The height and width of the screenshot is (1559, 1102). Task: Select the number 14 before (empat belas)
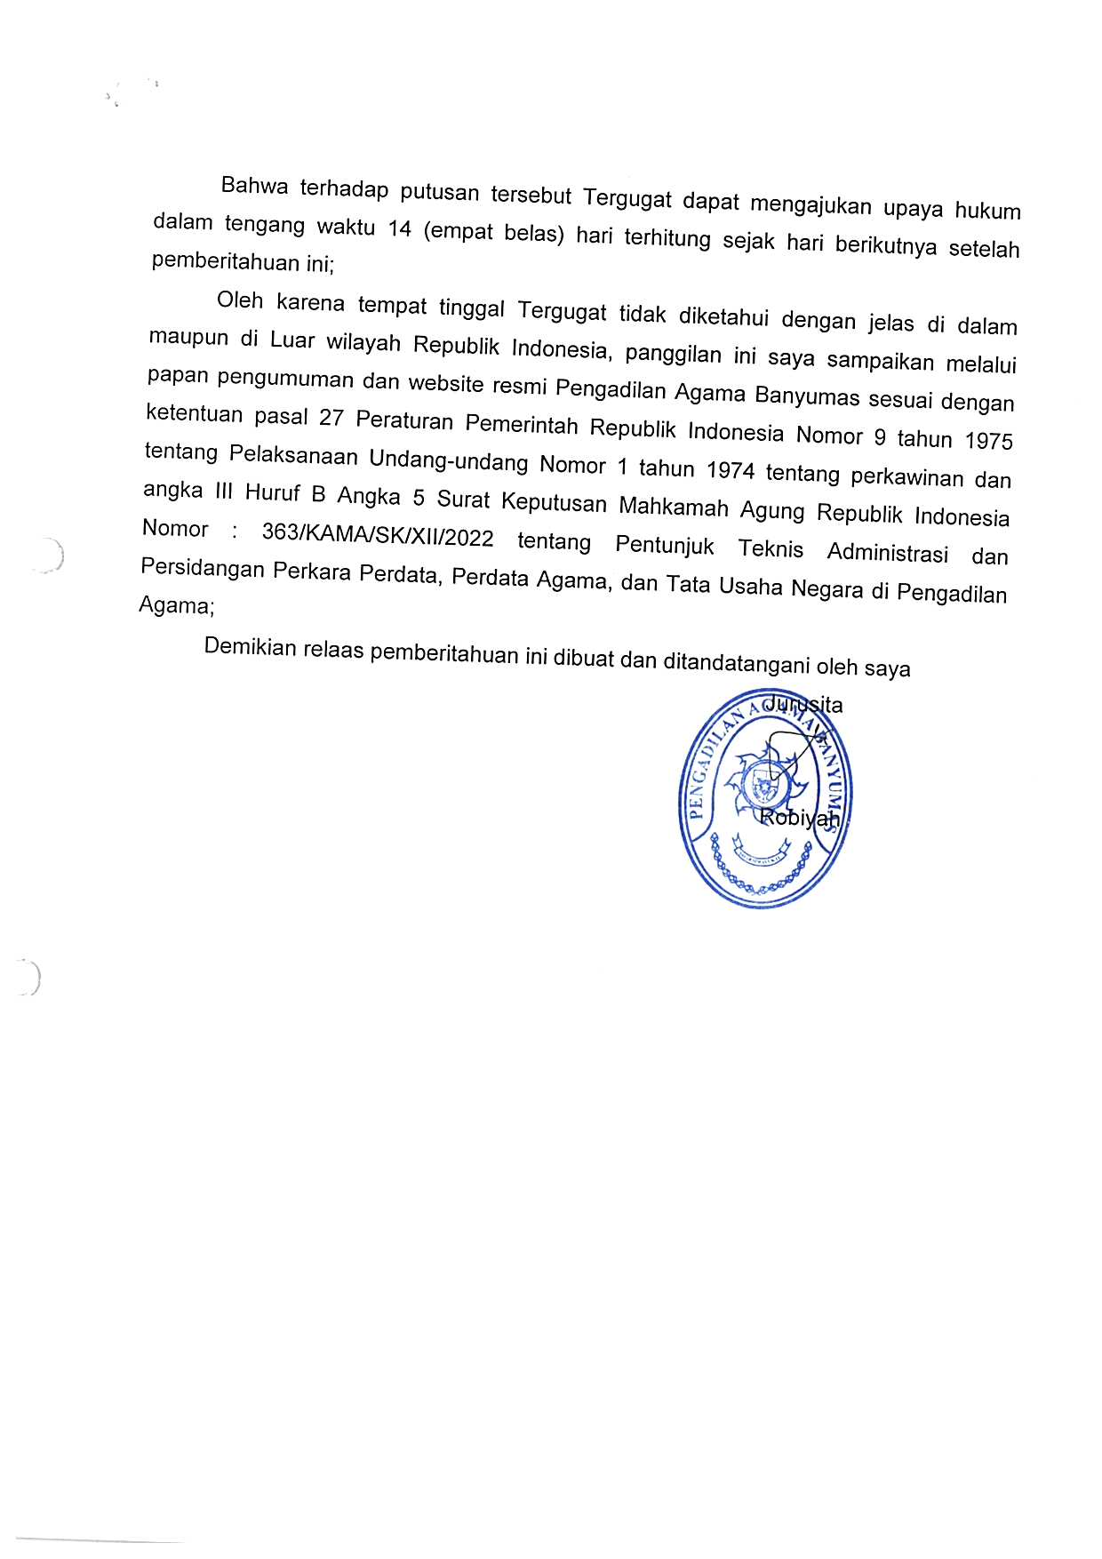pyautogui.click(x=400, y=228)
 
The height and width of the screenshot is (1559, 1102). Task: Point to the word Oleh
pyautogui.click(x=240, y=300)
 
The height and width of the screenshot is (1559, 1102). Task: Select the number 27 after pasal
pyautogui.click(x=331, y=418)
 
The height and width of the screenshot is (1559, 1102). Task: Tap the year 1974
pyautogui.click(x=730, y=470)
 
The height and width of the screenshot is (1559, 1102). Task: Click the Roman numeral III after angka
pyautogui.click(x=223, y=491)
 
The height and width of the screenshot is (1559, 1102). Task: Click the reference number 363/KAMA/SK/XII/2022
pyautogui.click(x=378, y=535)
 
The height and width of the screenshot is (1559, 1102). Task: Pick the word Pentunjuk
pyautogui.click(x=665, y=545)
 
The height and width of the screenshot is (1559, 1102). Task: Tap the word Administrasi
pyautogui.click(x=887, y=553)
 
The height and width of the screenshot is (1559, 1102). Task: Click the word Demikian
pyautogui.click(x=250, y=647)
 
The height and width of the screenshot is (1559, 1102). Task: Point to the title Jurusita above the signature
pyautogui.click(x=803, y=705)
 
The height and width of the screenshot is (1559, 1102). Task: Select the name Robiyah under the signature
pyautogui.click(x=799, y=818)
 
